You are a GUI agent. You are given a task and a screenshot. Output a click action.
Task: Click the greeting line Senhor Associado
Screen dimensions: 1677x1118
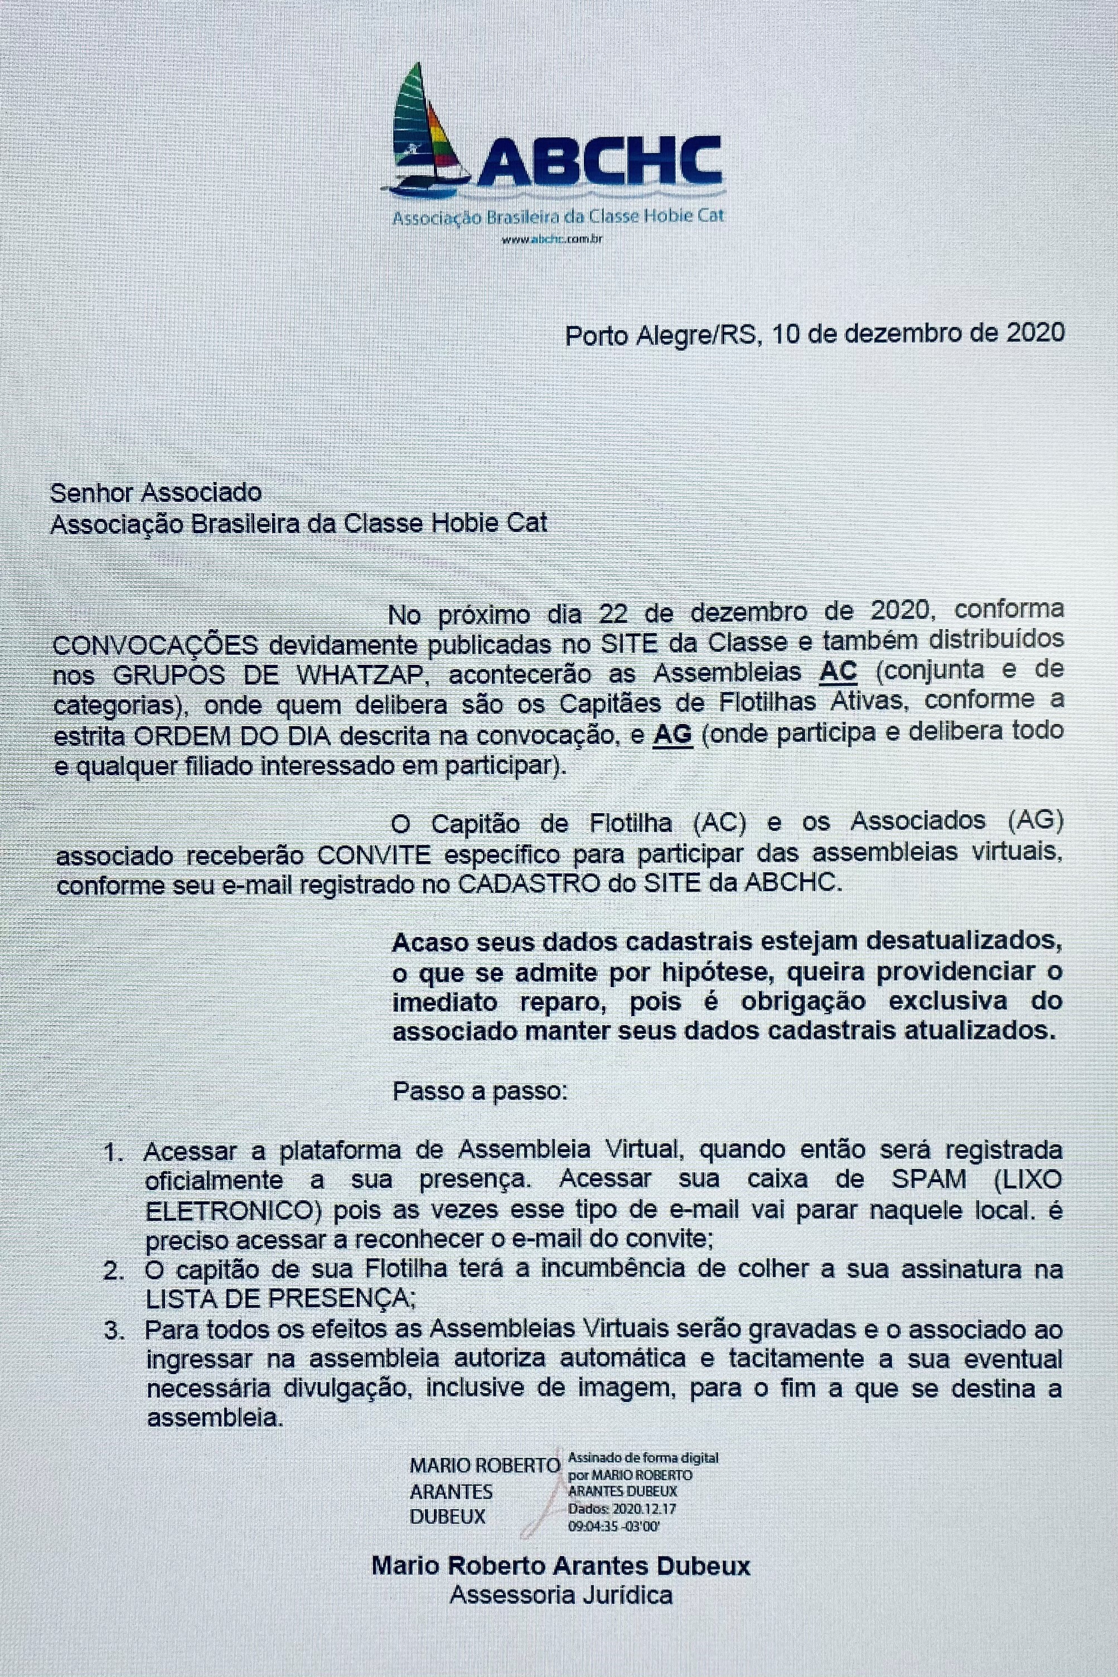(x=156, y=492)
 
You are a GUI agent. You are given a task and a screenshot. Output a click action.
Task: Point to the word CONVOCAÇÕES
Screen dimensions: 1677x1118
(x=156, y=644)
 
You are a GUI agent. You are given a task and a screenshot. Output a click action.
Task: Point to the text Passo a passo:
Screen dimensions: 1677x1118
(x=480, y=1091)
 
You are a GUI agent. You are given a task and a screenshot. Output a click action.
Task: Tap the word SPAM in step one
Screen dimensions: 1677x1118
(x=929, y=1180)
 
